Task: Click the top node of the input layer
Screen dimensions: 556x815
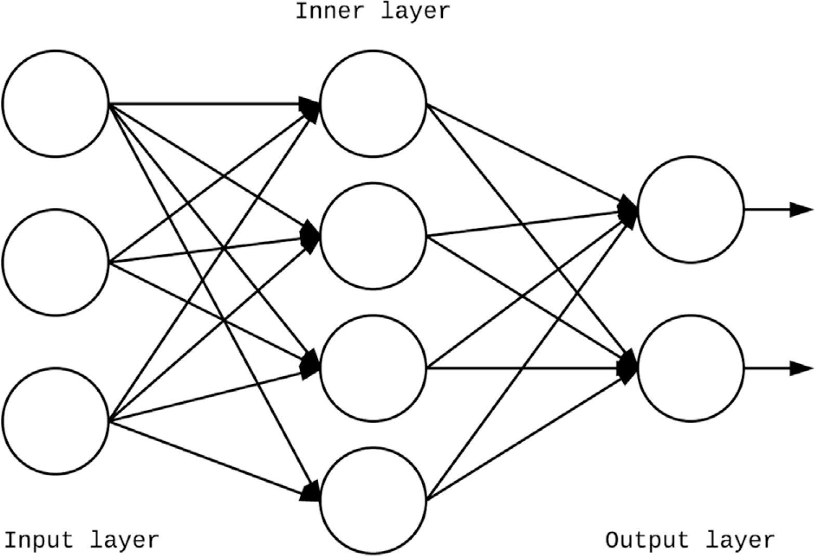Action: coord(56,103)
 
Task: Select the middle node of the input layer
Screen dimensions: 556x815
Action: coord(56,262)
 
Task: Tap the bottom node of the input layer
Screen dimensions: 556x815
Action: coord(56,420)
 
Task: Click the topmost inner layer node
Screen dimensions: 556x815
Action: coord(373,103)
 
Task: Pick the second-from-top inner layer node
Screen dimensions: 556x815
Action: coord(373,236)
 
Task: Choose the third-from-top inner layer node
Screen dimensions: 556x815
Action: coord(373,368)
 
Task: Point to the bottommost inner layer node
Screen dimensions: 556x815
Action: coord(373,500)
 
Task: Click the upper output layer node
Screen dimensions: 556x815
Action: coord(690,209)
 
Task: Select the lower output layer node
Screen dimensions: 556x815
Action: coord(690,368)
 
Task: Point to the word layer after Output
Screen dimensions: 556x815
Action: coord(741,540)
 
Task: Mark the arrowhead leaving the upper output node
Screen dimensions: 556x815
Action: coord(800,209)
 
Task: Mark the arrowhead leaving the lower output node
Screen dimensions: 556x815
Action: coord(800,368)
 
